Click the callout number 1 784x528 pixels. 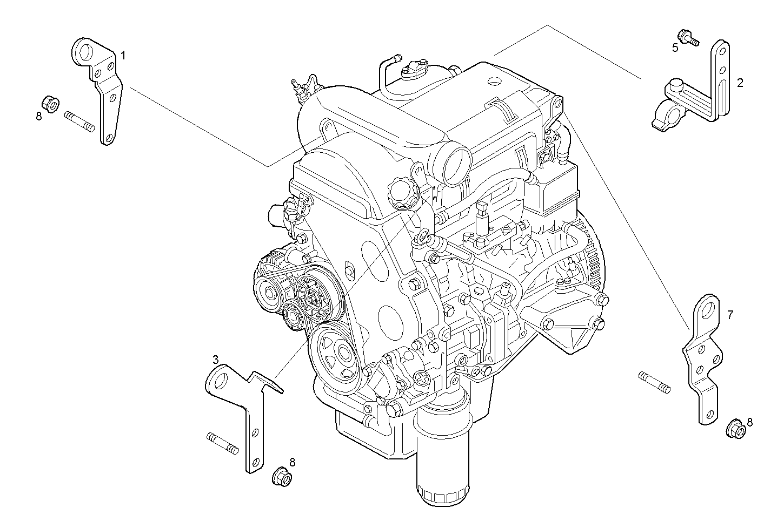[x=123, y=56]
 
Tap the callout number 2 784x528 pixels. [x=740, y=83]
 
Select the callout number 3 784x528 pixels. [x=215, y=360]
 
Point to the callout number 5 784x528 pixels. [x=675, y=48]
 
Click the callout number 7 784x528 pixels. [x=730, y=315]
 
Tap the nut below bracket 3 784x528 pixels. [x=282, y=476]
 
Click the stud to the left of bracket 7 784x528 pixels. [x=654, y=381]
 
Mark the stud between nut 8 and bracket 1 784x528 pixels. [x=79, y=120]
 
